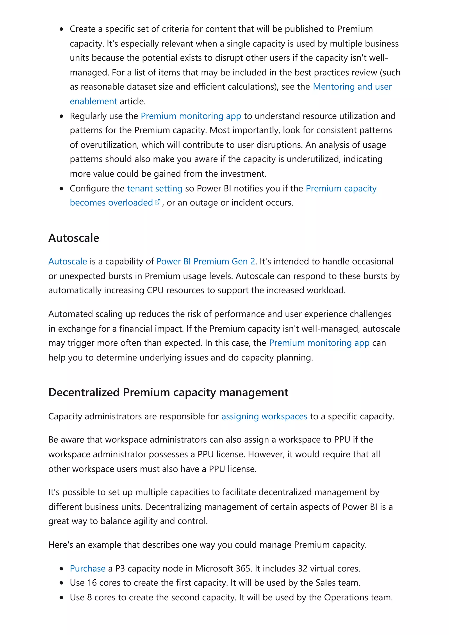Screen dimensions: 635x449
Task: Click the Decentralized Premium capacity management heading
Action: [168, 392]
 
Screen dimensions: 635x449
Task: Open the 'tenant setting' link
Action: [155, 188]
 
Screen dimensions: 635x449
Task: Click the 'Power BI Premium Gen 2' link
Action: [206, 261]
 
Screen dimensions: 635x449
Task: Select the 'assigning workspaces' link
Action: [264, 416]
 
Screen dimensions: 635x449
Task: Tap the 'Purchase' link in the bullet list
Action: [87, 568]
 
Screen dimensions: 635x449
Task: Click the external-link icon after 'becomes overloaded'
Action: [157, 202]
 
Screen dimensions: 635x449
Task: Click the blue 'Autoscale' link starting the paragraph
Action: [68, 261]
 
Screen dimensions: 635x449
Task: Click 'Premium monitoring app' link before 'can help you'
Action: [319, 343]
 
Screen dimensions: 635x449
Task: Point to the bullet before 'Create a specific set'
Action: [61, 29]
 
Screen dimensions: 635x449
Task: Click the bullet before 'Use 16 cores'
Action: [61, 583]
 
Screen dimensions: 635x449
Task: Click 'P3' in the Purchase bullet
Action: [120, 568]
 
